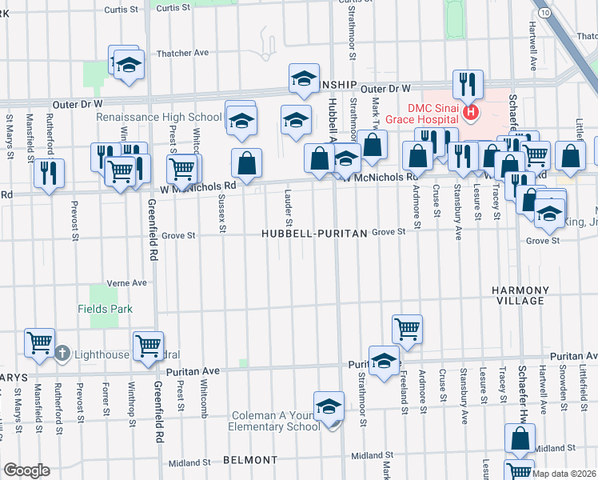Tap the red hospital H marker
click(472, 113)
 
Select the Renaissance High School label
click(158, 117)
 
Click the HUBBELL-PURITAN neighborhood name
click(315, 234)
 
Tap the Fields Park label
click(105, 309)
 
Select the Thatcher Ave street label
click(183, 53)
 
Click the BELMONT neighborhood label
click(250, 461)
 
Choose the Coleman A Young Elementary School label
click(276, 421)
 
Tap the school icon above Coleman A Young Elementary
click(328, 406)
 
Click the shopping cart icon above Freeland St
click(407, 327)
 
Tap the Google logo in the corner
click(26, 470)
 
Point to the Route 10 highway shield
click(544, 14)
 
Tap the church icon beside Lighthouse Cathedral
click(62, 354)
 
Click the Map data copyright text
click(564, 473)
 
